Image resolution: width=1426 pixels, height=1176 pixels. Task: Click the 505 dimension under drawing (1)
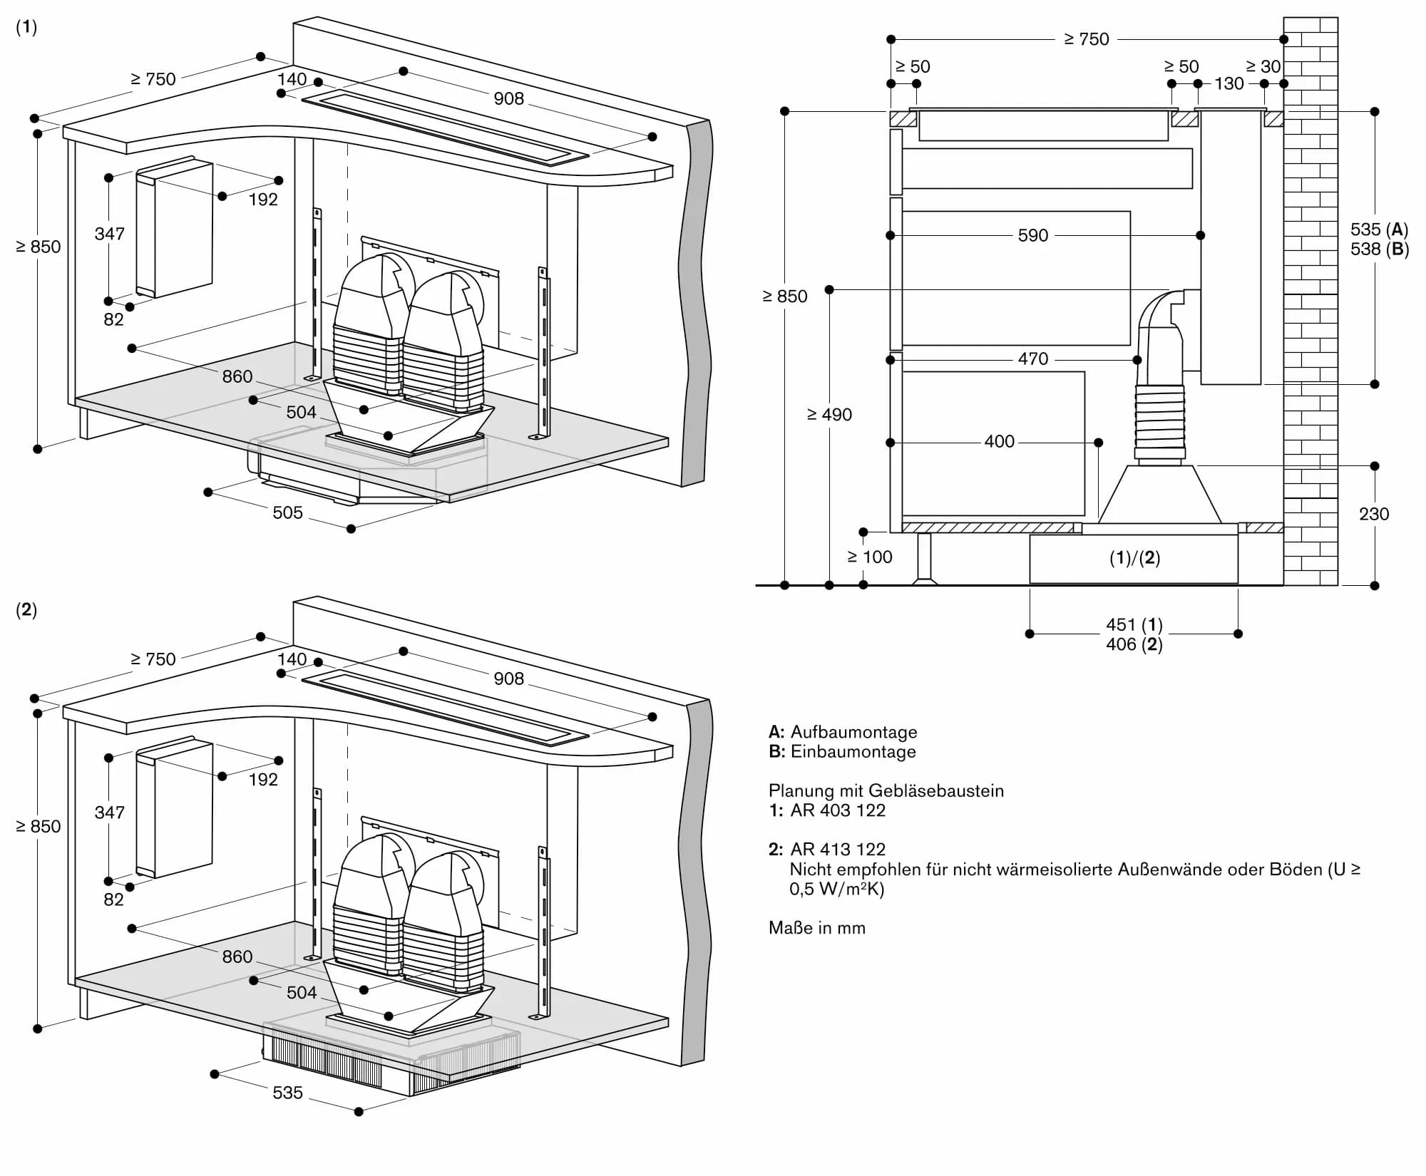pos(287,512)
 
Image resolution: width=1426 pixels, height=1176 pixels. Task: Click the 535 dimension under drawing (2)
pos(287,1093)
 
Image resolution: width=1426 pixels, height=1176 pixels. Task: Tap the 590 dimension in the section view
pos(1032,235)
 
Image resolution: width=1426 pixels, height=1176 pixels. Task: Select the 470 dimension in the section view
pos(1032,359)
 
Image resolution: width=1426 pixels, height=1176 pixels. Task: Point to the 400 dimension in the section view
pos(999,442)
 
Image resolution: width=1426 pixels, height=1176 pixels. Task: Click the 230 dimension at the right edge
pos(1373,514)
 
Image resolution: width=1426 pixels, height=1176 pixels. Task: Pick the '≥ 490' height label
pos(829,415)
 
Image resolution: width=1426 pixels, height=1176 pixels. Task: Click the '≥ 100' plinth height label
pos(869,557)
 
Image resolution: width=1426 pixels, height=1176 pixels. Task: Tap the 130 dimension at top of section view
pos(1228,83)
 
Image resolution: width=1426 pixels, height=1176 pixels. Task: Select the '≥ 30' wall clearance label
pos(1263,66)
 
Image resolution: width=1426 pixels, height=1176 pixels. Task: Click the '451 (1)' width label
pos(1134,625)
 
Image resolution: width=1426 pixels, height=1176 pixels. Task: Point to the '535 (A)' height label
pos(1379,229)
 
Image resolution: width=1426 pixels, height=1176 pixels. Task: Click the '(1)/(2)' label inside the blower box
pos(1134,558)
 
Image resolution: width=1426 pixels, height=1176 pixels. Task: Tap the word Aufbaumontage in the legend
pos(853,732)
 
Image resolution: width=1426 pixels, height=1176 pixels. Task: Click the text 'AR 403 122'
pos(838,810)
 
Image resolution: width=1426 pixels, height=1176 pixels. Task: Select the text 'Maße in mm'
pos(816,928)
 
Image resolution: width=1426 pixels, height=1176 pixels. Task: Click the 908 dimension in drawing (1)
pos(508,98)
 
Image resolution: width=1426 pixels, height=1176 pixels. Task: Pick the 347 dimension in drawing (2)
pos(109,813)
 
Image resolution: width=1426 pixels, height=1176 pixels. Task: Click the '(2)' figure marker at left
pos(26,609)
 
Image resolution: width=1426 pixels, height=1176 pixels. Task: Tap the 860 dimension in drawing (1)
pos(237,376)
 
